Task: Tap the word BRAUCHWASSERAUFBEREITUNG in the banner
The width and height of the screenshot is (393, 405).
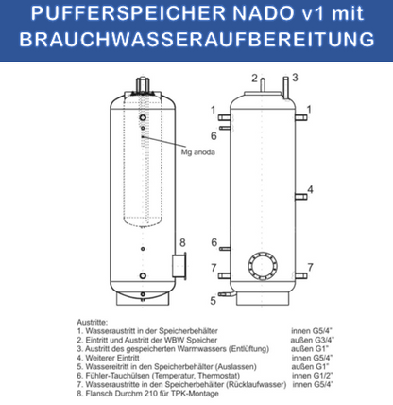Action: pos(196,43)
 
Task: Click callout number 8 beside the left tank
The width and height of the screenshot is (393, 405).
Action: pos(184,242)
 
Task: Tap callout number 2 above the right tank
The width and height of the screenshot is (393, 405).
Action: pos(254,78)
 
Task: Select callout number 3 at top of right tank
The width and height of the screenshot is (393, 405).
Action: pos(296,78)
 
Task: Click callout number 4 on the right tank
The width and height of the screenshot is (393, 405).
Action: pos(309,189)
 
